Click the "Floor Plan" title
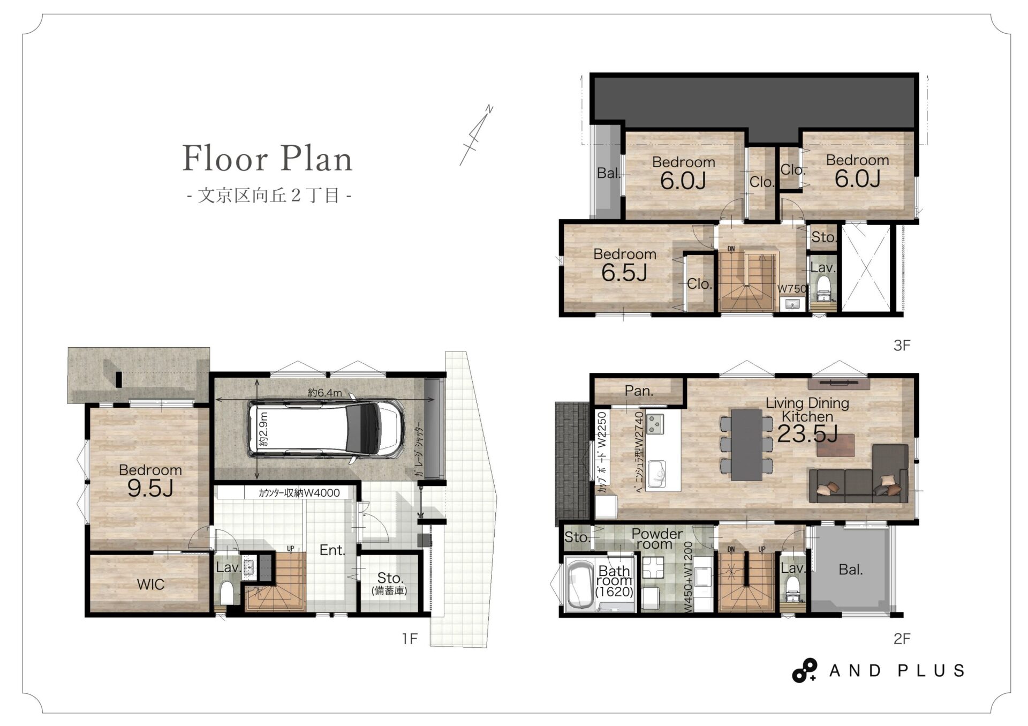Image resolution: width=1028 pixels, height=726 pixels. pyautogui.click(x=267, y=159)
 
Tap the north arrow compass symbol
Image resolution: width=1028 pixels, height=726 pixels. pyautogui.click(x=476, y=135)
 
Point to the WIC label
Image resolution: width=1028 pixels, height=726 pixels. pyautogui.click(x=150, y=584)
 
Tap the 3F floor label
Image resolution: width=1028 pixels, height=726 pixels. pyautogui.click(x=902, y=346)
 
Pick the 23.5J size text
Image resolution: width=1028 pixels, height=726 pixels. pyautogui.click(x=807, y=433)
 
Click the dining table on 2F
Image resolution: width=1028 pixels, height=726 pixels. pyautogui.click(x=746, y=445)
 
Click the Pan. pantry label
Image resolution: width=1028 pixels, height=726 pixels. pyautogui.click(x=639, y=391)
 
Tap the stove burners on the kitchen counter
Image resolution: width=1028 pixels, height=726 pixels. pyautogui.click(x=655, y=424)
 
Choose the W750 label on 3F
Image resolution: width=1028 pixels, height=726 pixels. pyautogui.click(x=792, y=288)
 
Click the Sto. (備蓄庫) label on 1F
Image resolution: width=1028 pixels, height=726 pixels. pyautogui.click(x=389, y=583)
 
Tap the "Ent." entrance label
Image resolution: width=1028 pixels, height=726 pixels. pyautogui.click(x=332, y=550)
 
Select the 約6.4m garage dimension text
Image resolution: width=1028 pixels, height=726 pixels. pyautogui.click(x=325, y=393)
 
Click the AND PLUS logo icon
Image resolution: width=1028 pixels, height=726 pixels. pyautogui.click(x=804, y=670)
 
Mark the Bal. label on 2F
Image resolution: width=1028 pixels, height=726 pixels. pyautogui.click(x=850, y=570)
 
